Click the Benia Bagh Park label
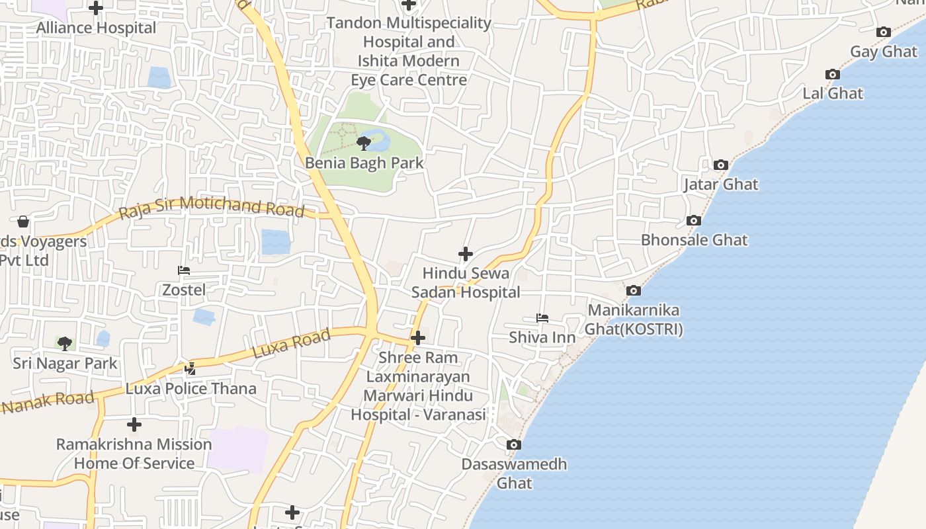[x=364, y=163]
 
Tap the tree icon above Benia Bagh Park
[x=363, y=143]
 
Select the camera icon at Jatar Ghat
[x=720, y=165]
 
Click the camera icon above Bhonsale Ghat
[x=693, y=220]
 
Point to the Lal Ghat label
[x=833, y=93]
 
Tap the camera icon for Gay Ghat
[x=883, y=32]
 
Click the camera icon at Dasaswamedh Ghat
[x=513, y=444]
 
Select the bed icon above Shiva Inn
[x=542, y=318]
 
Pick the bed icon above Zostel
[x=184, y=270]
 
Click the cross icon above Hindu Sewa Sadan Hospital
[x=466, y=254]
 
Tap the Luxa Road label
[x=292, y=345]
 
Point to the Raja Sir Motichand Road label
[x=212, y=208]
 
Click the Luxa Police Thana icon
[x=190, y=368]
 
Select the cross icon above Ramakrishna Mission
[x=134, y=424]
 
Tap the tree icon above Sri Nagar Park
[x=64, y=343]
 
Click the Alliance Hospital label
[x=97, y=28]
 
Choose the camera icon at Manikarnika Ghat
[x=633, y=290]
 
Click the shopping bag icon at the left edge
[x=23, y=222]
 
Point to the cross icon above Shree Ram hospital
[x=417, y=339]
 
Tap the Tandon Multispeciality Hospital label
[x=409, y=51]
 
